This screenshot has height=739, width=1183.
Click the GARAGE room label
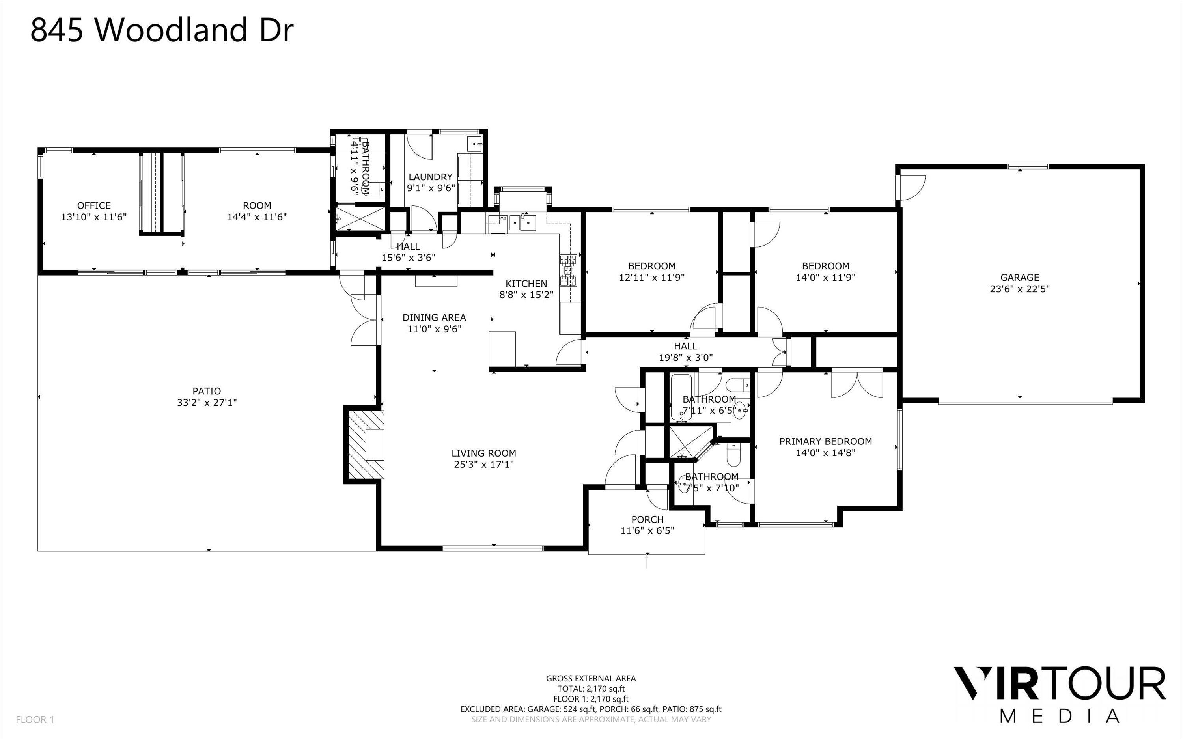point(1019,277)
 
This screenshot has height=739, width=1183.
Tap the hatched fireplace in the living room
point(364,444)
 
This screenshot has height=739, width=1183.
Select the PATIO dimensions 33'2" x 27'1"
point(207,403)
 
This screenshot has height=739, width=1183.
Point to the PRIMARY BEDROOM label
point(825,441)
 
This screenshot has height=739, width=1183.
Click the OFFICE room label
point(94,205)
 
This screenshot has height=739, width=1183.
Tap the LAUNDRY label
point(430,177)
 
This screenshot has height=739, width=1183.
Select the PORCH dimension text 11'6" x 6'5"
point(647,531)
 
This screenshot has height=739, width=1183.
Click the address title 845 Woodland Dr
point(162,30)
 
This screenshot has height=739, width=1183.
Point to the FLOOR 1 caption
point(35,719)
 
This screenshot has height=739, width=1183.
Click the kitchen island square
point(502,349)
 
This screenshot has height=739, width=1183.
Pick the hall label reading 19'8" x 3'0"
point(686,357)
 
